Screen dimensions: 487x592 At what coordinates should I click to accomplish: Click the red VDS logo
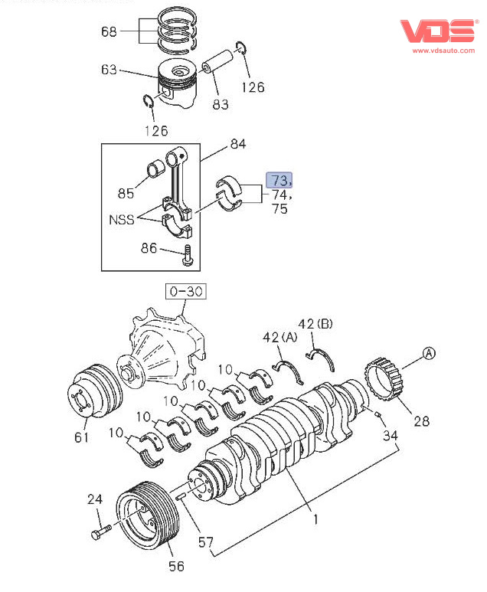point(438,31)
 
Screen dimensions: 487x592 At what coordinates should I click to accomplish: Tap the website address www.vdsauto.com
point(443,51)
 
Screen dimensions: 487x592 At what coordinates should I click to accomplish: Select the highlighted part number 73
point(279,180)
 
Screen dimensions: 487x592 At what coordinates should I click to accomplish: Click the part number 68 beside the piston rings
point(109,31)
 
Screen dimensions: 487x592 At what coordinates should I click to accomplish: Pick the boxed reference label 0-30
point(186,292)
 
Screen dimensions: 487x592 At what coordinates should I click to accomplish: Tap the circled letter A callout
point(429,353)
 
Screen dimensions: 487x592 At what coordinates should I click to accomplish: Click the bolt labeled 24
point(101,531)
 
